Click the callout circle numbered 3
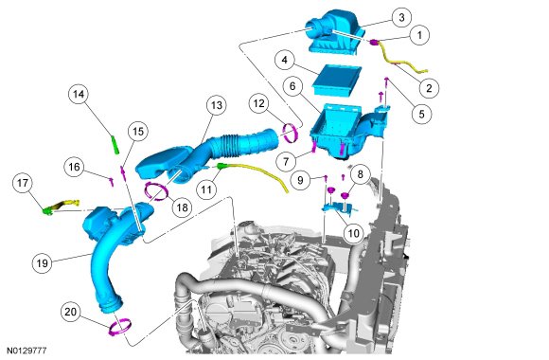point(401,17)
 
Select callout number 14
point(79,94)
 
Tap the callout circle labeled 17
point(23,183)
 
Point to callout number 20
point(70,312)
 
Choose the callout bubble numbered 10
point(354,233)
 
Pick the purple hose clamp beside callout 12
point(291,134)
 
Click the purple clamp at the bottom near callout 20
point(120,328)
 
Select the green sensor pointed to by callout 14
point(115,145)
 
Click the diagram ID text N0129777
point(27,351)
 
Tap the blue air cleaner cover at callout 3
point(334,32)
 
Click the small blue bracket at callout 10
point(339,207)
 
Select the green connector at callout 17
point(47,211)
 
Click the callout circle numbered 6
point(292,86)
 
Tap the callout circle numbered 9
point(300,180)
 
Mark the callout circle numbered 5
point(421,114)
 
